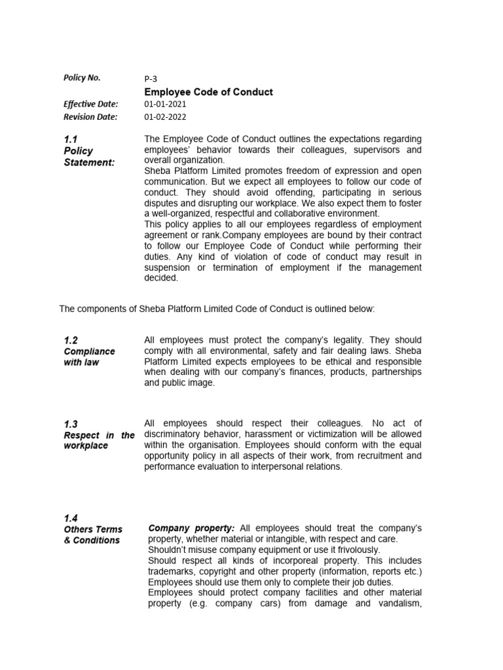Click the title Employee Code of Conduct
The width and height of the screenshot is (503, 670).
point(208,92)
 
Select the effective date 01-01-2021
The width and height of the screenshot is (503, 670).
point(165,105)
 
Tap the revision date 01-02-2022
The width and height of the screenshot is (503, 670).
point(165,117)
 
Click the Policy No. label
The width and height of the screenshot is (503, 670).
point(82,77)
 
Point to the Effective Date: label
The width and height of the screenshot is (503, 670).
point(90,104)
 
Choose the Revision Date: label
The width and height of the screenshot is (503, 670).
point(90,117)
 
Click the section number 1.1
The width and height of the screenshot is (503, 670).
point(71,139)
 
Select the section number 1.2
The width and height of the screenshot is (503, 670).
point(71,340)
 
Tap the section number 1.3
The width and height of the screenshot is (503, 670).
point(71,424)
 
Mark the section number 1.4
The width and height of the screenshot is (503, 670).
point(71,518)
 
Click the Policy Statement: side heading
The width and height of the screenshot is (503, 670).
point(88,156)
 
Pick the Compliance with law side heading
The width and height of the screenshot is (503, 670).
point(88,357)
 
